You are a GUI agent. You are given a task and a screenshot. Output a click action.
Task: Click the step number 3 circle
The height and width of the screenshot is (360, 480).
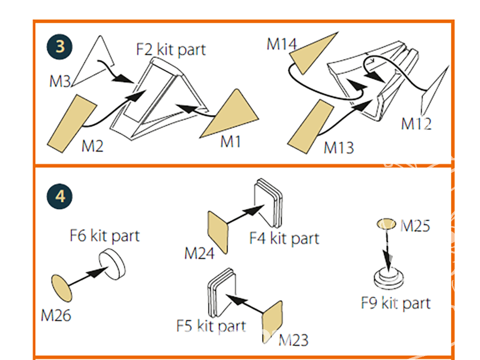[x=60, y=47]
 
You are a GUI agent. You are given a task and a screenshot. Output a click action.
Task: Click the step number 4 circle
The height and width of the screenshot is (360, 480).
[x=60, y=196]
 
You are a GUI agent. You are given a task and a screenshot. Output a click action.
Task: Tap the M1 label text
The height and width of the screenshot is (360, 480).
[x=230, y=142]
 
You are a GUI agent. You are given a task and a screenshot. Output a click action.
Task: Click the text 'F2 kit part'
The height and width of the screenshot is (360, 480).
[x=171, y=49]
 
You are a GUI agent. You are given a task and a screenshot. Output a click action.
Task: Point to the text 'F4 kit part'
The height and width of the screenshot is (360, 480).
[x=284, y=238]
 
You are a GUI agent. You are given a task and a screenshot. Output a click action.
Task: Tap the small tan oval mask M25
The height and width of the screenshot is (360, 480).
[x=386, y=224]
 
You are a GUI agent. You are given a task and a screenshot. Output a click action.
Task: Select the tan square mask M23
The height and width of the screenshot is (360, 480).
[x=272, y=322]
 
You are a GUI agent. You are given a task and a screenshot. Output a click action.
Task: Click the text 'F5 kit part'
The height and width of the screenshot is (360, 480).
[x=211, y=326]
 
